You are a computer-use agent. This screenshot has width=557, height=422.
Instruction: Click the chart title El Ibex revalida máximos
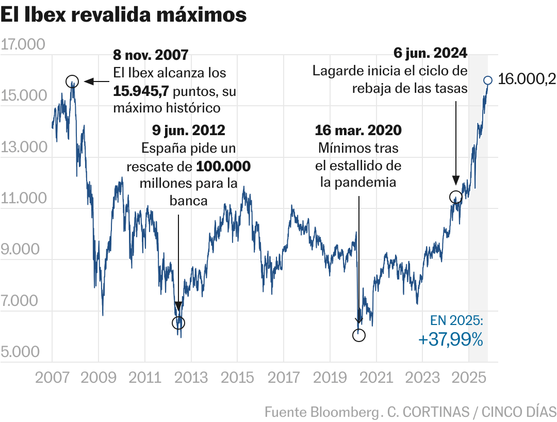[124, 15]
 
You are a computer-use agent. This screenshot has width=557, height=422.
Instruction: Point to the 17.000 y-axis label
[23, 45]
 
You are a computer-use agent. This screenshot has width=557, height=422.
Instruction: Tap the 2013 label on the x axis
[191, 378]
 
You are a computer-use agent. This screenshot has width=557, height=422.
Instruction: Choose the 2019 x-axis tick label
[330, 378]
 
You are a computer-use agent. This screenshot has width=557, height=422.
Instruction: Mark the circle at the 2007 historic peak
[72, 81]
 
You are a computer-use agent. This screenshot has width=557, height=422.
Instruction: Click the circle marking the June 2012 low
[178, 323]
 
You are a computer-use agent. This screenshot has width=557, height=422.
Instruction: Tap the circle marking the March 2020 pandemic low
[359, 335]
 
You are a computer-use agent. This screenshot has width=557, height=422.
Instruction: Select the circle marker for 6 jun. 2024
[455, 197]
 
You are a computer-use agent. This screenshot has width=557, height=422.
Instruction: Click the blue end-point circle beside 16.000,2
[488, 80]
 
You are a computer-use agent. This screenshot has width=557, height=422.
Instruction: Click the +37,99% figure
[451, 339]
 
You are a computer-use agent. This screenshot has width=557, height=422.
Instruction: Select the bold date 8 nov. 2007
[150, 54]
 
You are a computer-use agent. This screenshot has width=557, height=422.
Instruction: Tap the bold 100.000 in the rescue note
[223, 167]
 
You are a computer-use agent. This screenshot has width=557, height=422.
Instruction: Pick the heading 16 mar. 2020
[359, 130]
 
